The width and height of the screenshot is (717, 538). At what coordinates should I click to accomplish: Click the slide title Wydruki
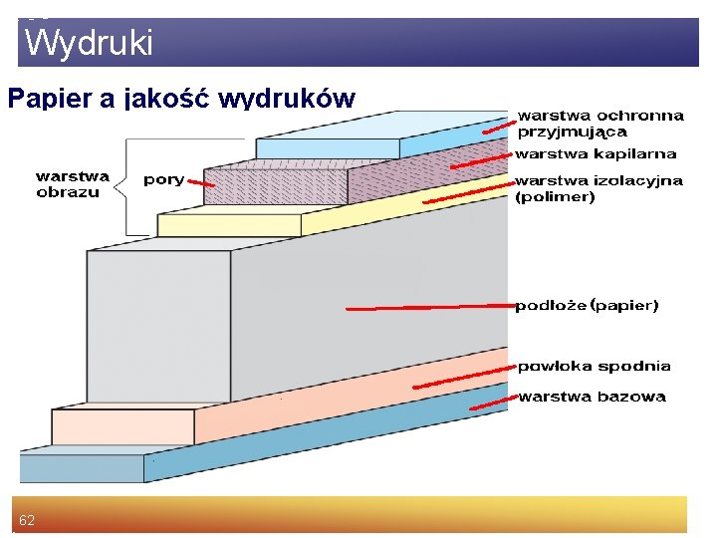pos(89,43)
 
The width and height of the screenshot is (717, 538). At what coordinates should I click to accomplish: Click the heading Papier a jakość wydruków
pos(180,99)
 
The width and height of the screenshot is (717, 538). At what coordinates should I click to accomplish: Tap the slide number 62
pos(27,521)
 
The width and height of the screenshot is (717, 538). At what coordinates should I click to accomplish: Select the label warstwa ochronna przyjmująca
pos(599,123)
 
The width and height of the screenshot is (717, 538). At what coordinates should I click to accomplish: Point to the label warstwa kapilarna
pos(595,154)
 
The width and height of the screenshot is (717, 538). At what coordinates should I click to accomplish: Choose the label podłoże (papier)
pos(587,306)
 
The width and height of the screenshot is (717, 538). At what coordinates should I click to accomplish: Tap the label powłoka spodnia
pos(594,366)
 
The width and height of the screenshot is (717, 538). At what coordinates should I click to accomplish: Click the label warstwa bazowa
pos(592,397)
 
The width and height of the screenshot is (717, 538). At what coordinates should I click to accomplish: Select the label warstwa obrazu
pos(72,184)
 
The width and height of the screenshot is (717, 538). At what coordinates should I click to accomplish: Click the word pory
pos(163,180)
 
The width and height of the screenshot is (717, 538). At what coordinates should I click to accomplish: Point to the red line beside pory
pos(202,185)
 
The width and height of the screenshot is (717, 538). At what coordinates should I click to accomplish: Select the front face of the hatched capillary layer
pos(274,185)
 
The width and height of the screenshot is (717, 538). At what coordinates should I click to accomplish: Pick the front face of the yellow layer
pos(228,225)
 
